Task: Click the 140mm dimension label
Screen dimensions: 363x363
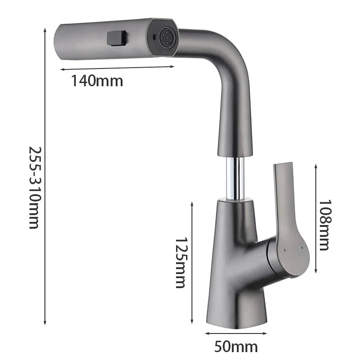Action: tap(97, 81)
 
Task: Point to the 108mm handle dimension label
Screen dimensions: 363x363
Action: tap(324, 225)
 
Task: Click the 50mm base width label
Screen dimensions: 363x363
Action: tap(236, 347)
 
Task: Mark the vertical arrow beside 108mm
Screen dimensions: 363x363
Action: tap(315, 217)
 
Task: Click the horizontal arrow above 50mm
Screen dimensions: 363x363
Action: tap(235, 333)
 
